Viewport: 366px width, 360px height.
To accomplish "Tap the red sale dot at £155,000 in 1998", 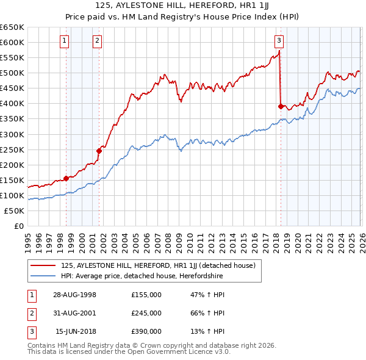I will coord(66,178).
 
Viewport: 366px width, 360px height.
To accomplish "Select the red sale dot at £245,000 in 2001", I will coord(98,151).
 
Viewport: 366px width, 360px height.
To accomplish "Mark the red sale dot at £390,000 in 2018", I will coord(281,106).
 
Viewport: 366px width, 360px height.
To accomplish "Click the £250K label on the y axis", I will coord(12,149).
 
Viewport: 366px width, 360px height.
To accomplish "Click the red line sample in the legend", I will coord(43,265).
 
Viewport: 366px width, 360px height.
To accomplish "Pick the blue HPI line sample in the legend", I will coord(43,276).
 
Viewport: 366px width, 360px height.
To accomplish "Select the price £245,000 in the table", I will coord(146,313).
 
